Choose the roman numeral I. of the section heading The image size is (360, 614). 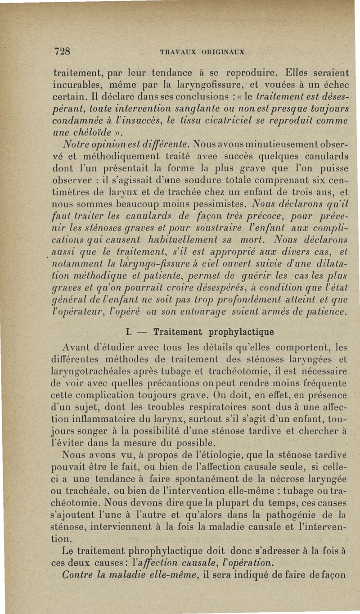click(x=128, y=333)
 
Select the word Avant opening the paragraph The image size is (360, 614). click(x=79, y=347)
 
